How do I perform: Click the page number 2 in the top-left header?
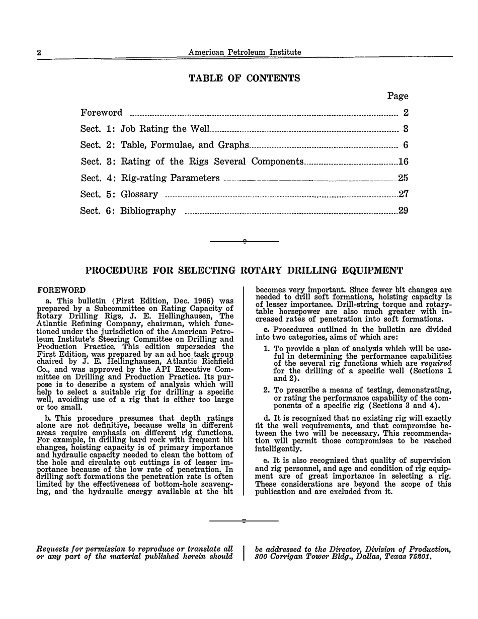coord(39,53)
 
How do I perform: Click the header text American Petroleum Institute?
coord(245,52)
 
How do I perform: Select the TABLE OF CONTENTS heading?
coord(244,79)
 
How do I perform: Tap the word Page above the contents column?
coord(397,96)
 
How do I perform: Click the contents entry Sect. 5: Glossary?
coord(119,195)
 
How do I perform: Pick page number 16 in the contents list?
coord(403,162)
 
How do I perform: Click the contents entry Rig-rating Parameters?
coord(171,178)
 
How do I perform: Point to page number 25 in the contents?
coord(403,178)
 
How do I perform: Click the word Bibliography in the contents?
coord(148,211)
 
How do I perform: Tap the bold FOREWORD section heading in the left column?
coord(61,290)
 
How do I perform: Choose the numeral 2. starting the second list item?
coord(267,390)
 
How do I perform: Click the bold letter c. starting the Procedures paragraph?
coord(266,330)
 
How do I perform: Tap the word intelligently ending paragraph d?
coord(278,448)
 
